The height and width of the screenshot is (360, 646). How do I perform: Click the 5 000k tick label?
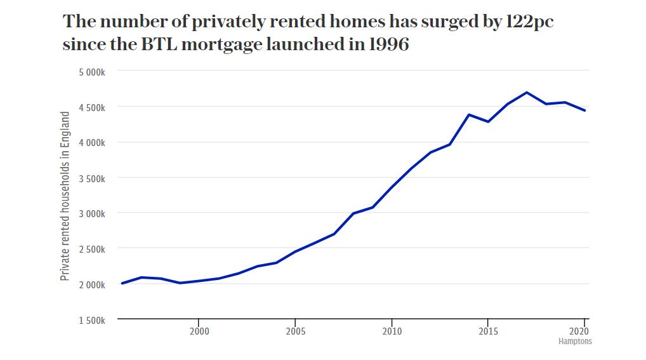tap(91, 72)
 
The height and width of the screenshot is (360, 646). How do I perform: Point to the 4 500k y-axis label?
tap(91, 107)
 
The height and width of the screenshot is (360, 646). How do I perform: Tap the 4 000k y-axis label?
tap(91, 142)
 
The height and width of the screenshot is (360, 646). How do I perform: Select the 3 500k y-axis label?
tap(91, 178)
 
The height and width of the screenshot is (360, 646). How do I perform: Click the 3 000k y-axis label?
tap(91, 213)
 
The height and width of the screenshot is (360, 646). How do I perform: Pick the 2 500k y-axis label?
tap(91, 249)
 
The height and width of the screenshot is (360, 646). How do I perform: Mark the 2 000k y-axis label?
tap(91, 284)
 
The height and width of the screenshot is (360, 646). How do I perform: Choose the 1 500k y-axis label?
tap(91, 320)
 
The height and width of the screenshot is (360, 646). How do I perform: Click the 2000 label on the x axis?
tap(199, 331)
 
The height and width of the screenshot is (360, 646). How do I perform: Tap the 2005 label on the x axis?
tap(295, 331)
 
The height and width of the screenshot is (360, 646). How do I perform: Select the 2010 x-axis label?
tap(392, 331)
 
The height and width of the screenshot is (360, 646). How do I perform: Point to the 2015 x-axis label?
tap(488, 331)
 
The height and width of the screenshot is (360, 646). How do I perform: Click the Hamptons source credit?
tap(575, 341)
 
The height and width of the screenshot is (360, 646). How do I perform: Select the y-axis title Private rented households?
tap(65, 196)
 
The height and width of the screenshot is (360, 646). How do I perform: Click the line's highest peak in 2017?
tap(527, 93)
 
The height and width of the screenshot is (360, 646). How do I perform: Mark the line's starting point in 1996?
tap(122, 283)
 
